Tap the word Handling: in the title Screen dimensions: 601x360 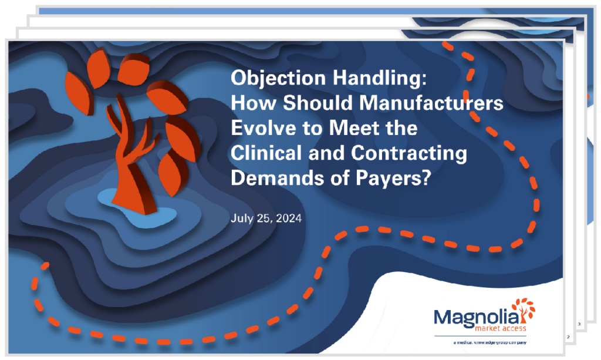click(380, 78)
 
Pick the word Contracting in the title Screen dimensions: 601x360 click(409, 153)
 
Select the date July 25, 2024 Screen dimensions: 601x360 click(266, 218)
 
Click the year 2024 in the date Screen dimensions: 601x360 click(289, 218)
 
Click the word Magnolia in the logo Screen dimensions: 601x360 click(477, 318)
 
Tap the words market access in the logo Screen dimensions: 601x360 click(501, 328)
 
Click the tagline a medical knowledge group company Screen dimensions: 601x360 click(490, 342)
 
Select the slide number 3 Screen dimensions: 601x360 click(579, 324)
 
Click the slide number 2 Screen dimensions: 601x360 click(568, 337)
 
